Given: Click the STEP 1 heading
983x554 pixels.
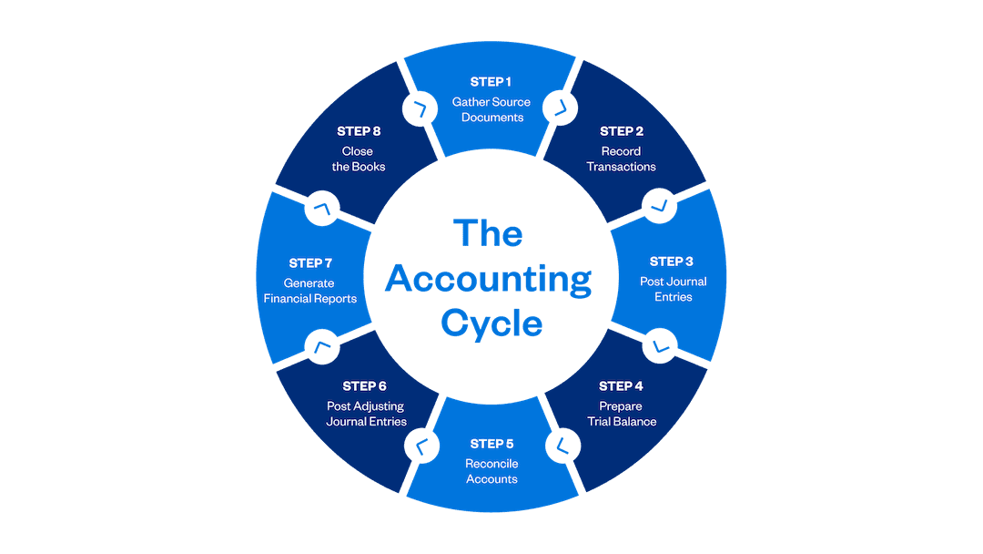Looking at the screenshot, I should click(491, 82).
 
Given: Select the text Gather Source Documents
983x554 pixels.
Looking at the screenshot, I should click(491, 109).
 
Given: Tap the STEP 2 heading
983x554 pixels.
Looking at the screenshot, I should click(622, 131).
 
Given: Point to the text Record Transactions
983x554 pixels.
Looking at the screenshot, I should click(622, 159).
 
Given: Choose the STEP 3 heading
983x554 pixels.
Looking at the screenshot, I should click(673, 262).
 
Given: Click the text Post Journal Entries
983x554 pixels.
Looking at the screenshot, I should click(673, 289).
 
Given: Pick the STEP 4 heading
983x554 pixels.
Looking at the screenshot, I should click(622, 386).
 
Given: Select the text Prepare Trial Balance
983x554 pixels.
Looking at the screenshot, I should click(622, 414).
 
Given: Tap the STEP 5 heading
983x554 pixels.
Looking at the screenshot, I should click(491, 444).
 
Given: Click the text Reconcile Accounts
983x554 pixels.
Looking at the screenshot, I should click(491, 471).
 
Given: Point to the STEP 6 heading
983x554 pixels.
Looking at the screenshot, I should click(365, 386).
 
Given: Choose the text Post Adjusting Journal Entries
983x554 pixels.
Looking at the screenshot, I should click(366, 414).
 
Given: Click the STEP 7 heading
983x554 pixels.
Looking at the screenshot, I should click(310, 263).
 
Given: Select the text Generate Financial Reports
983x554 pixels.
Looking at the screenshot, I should click(310, 291).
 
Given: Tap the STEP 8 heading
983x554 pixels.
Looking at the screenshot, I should click(359, 131).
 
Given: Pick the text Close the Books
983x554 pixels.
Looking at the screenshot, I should click(359, 159).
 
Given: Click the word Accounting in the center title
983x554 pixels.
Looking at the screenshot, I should click(488, 280).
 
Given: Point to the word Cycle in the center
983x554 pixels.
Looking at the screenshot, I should click(491, 323).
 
